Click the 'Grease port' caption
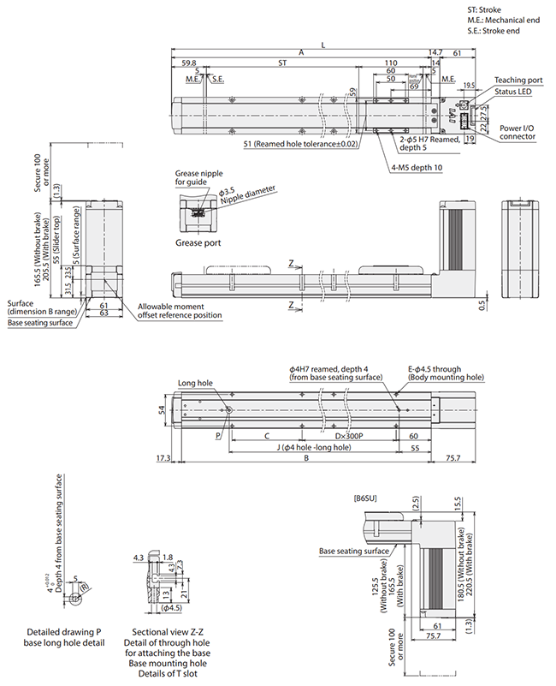pyautogui.click(x=198, y=242)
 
